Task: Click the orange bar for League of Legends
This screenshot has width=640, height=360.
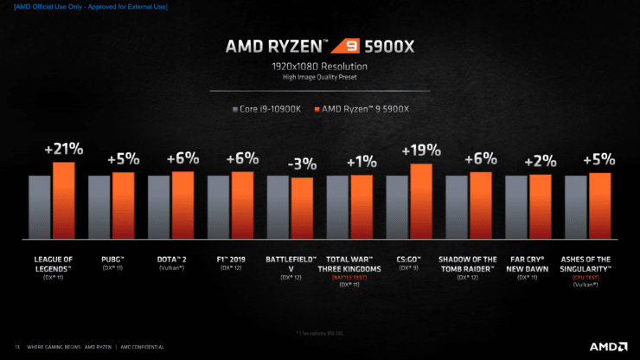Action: [x=64, y=201]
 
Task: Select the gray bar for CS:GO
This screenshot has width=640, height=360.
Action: [x=397, y=207]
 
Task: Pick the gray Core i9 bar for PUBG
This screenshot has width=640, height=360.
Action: [x=99, y=207]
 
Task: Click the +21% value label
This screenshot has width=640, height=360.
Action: [x=63, y=151]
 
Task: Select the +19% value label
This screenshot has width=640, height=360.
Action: [x=421, y=151]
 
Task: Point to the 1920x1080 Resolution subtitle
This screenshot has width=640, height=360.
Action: [x=320, y=67]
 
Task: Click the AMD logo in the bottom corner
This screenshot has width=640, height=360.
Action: [x=605, y=346]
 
